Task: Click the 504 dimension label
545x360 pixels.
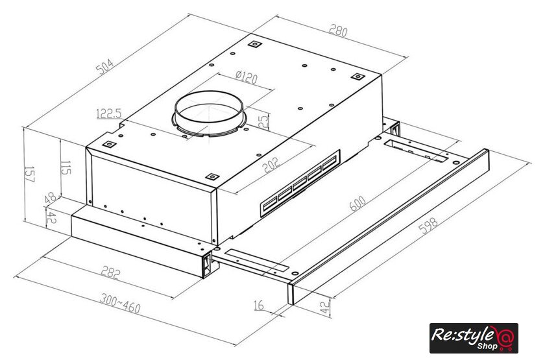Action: pos(104,66)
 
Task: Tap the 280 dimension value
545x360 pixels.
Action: pos(338,30)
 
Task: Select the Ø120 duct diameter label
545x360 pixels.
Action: pos(246,77)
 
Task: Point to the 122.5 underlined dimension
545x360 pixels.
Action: pos(109,114)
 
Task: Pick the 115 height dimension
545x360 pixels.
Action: pos(66,167)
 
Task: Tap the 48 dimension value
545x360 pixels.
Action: pos(51,198)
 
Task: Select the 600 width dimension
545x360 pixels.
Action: pos(357,204)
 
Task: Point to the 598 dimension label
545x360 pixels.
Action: pos(428,226)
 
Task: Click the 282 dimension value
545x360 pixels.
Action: pos(110,272)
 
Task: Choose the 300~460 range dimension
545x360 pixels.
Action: pos(120,303)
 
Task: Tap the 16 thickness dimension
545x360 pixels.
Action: pos(259,305)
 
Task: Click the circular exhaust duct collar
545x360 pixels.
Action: pos(209,114)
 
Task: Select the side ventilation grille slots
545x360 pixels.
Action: pos(300,182)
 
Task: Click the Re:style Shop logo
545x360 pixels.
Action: pos(474,338)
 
